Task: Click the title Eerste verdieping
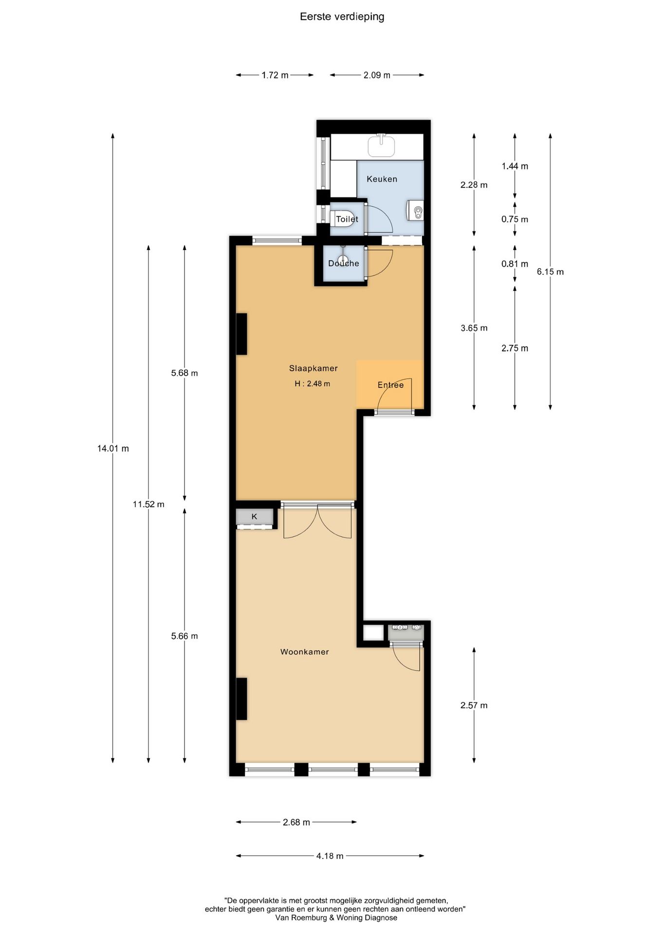pyautogui.click(x=342, y=17)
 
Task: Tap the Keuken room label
pyautogui.click(x=382, y=179)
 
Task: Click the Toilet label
pyautogui.click(x=347, y=219)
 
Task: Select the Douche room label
pyautogui.click(x=343, y=263)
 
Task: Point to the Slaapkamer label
pyautogui.click(x=313, y=368)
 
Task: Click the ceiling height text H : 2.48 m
pyautogui.click(x=312, y=384)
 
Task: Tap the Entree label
pyautogui.click(x=390, y=385)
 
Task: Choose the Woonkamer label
pyautogui.click(x=304, y=652)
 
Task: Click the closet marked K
pyautogui.click(x=254, y=517)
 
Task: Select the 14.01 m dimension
pyautogui.click(x=113, y=449)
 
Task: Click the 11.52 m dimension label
pyautogui.click(x=148, y=504)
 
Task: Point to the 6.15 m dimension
pyautogui.click(x=550, y=272)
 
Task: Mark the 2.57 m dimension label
pyautogui.click(x=474, y=705)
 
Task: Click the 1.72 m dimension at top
pyautogui.click(x=275, y=75)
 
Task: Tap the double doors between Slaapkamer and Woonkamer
pyautogui.click(x=317, y=521)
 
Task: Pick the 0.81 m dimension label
pyautogui.click(x=514, y=264)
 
